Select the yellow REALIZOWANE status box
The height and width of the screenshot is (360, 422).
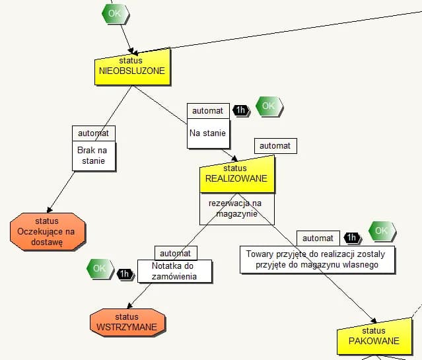(x=236, y=174)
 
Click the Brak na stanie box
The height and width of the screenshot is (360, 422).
(x=93, y=155)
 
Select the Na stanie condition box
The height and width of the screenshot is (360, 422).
(x=208, y=133)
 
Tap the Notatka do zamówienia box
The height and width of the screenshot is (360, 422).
(x=174, y=271)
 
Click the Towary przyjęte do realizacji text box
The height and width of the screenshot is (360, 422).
(x=317, y=259)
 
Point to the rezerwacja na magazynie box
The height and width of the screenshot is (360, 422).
(x=236, y=209)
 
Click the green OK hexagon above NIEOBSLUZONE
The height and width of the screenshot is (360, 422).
(x=115, y=13)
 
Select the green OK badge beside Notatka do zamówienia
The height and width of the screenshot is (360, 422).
(x=99, y=268)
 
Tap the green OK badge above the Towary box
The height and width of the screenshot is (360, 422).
(x=382, y=231)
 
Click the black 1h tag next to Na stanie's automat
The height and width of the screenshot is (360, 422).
(x=241, y=110)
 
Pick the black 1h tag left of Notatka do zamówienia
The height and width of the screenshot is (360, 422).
(x=125, y=273)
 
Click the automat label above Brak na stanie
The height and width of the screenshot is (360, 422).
(x=93, y=132)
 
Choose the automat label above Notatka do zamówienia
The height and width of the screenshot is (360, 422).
(x=175, y=253)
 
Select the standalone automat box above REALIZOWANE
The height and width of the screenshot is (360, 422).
(x=275, y=145)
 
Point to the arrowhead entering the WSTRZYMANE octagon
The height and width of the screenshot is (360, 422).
(x=130, y=305)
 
